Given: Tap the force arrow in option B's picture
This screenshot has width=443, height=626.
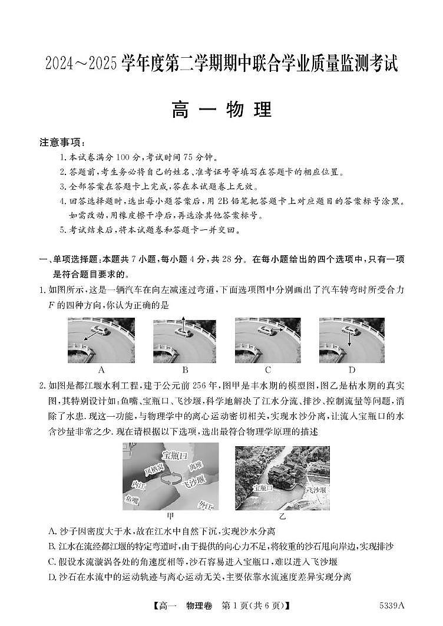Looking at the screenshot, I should tap(183, 325).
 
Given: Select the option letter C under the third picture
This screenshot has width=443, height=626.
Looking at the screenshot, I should tap(268, 370).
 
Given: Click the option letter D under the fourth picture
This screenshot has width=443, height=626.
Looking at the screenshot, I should tap(352, 370).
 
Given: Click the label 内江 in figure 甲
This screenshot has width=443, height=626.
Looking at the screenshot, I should tap(138, 484).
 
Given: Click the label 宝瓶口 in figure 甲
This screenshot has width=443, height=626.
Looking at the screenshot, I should tap(174, 456).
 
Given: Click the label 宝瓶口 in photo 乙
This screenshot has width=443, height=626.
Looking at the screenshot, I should tap(263, 488).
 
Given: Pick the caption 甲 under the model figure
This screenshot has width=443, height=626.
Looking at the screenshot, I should tap(171, 516).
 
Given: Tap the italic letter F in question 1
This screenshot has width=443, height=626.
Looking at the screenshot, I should tap(50, 305).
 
